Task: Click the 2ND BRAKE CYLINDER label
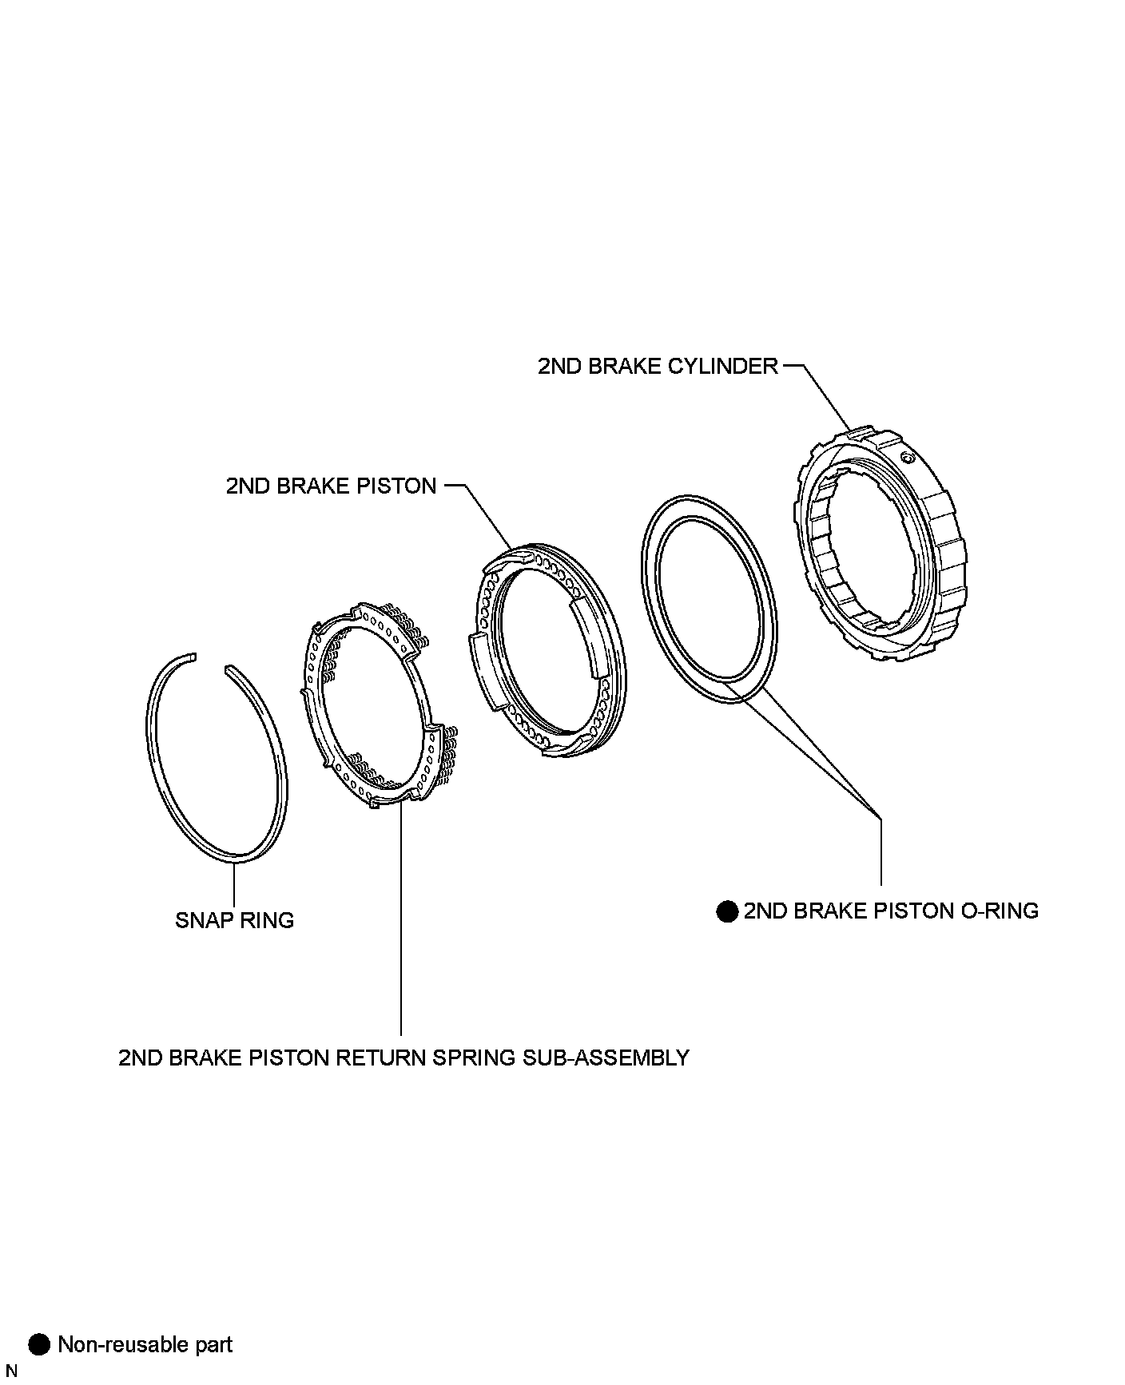(657, 367)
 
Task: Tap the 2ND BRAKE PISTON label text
(331, 486)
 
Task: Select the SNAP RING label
(234, 920)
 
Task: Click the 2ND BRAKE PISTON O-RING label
(890, 911)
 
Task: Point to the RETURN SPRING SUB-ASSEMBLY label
(403, 1058)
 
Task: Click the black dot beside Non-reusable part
(38, 1344)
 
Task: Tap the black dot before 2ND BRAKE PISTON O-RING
(726, 911)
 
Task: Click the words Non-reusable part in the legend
(145, 1344)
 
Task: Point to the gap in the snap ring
(210, 661)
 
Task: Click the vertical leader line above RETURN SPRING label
(401, 919)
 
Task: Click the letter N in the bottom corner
(11, 1371)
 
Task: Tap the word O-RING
(999, 911)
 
